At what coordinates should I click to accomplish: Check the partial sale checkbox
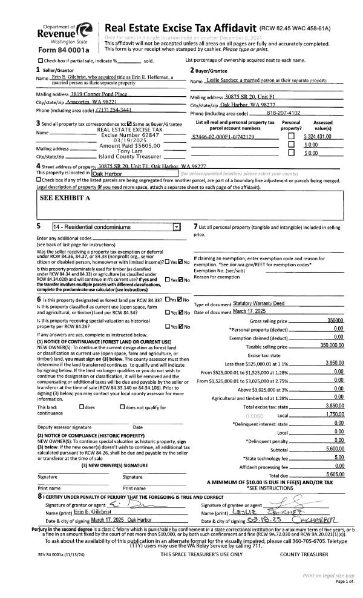(x=41, y=61)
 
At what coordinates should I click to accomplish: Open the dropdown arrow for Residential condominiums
(x=176, y=227)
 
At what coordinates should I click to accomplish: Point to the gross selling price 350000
(x=335, y=320)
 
